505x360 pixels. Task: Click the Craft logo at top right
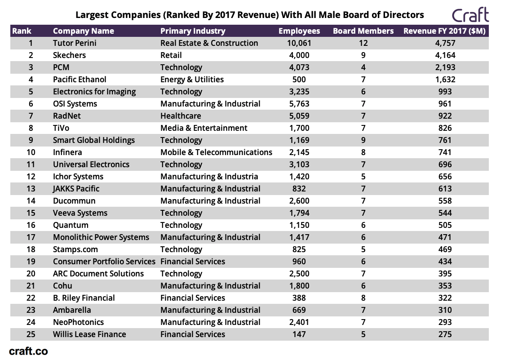470,15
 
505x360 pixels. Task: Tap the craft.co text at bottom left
28,351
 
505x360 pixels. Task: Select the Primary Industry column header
193,31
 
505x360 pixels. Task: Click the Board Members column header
363,31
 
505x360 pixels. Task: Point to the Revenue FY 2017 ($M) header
444,31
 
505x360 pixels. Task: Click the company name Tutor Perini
75,43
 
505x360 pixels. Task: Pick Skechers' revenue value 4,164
445,55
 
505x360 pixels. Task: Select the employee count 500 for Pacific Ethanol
299,80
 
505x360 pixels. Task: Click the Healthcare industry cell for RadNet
181,116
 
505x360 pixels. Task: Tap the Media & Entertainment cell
204,128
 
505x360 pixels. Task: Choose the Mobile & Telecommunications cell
216,152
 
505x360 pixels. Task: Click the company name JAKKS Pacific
76,189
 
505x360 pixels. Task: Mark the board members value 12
363,43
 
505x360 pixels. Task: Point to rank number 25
31,334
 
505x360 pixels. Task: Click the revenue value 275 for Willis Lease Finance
445,334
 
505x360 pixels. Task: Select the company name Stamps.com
75,249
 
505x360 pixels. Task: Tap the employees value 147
299,334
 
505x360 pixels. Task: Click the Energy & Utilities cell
192,80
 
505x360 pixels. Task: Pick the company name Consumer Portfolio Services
104,262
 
